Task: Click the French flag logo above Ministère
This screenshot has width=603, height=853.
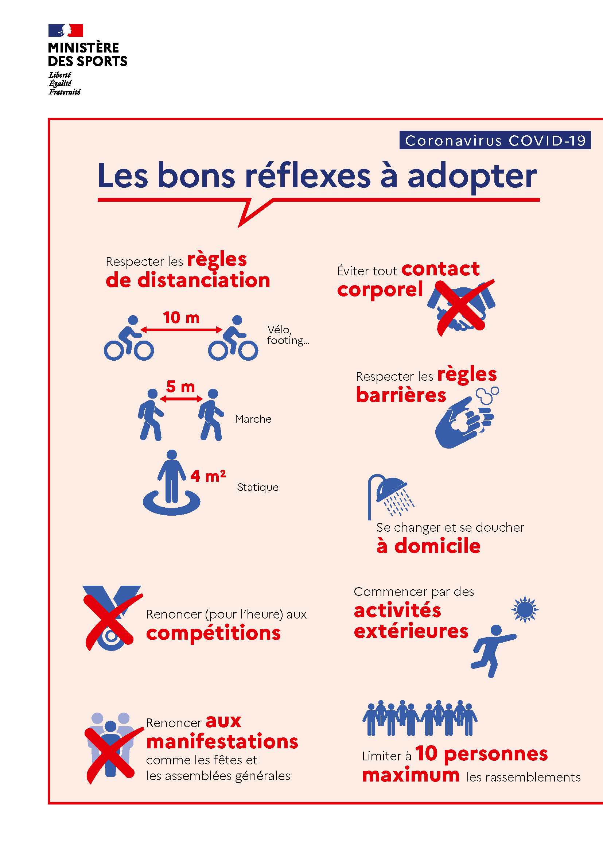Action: [x=66, y=31]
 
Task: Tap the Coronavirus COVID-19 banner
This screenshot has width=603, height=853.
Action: [x=495, y=140]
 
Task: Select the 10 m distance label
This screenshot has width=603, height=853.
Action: [x=181, y=318]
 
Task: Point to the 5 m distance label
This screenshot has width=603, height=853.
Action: [x=180, y=387]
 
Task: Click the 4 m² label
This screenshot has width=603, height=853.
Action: [x=208, y=476]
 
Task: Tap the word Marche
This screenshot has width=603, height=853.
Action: [x=253, y=419]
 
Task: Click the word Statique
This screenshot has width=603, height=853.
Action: [x=258, y=487]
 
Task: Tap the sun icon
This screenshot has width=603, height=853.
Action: [x=524, y=609]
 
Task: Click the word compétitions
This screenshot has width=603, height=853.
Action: [x=214, y=633]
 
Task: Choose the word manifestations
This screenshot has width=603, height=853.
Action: [x=222, y=742]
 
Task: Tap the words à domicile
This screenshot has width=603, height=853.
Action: [x=428, y=546]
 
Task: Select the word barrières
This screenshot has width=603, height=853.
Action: [x=401, y=395]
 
